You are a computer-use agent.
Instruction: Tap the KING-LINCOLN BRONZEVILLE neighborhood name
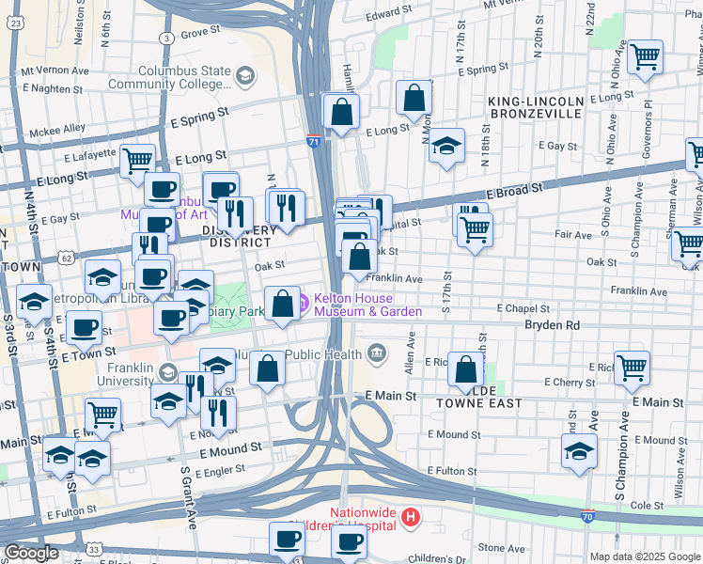tap(535, 106)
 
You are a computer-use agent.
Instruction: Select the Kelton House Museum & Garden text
tap(367, 305)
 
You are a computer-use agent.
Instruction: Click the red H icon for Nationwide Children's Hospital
tap(409, 516)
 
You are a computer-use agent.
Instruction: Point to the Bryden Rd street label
tap(553, 325)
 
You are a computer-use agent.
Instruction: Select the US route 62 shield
tap(65, 256)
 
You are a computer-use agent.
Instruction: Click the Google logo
tap(32, 553)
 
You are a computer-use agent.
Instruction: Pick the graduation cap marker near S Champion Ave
tap(579, 450)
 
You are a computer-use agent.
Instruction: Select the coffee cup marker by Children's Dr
tap(349, 541)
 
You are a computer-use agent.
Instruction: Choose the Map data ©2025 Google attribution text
tap(645, 556)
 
